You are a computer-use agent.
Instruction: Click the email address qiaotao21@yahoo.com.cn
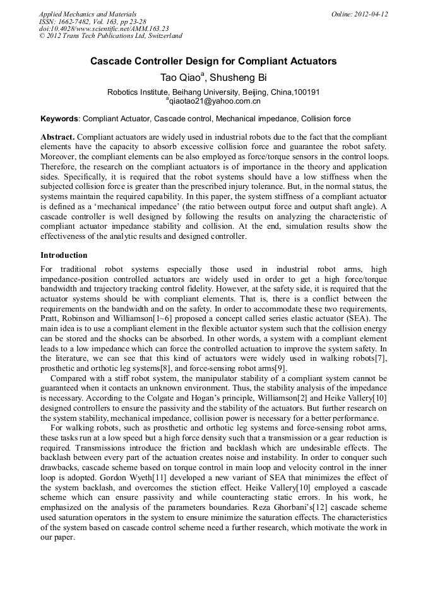(x=215, y=100)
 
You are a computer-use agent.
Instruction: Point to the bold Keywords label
(x=59, y=118)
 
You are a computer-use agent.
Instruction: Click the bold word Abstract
(x=57, y=137)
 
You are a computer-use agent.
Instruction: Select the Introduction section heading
(x=64, y=255)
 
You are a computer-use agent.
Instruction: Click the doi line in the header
(x=104, y=28)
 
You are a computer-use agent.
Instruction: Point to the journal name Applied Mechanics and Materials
(x=87, y=14)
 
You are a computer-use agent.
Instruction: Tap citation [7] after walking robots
(x=381, y=359)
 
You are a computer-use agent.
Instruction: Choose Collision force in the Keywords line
(x=325, y=118)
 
